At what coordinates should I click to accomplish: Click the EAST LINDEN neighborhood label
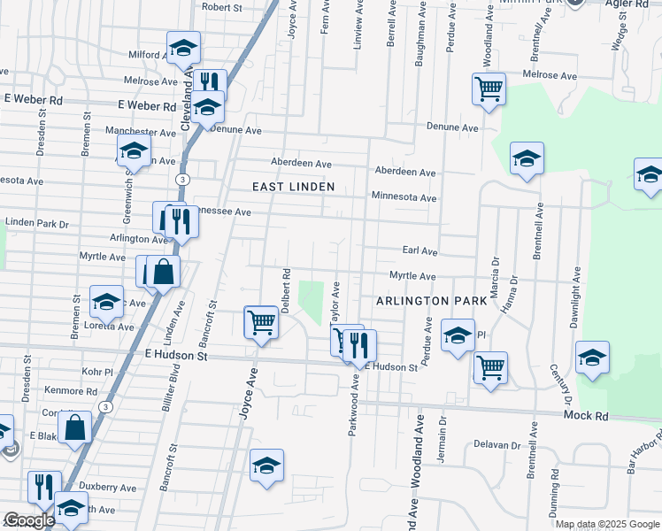pyautogui.click(x=293, y=187)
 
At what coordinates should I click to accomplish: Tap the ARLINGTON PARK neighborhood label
pyautogui.click(x=431, y=301)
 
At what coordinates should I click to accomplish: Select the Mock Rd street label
pyautogui.click(x=586, y=415)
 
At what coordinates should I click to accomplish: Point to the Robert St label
pyautogui.click(x=222, y=7)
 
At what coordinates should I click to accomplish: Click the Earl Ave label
pyautogui.click(x=420, y=251)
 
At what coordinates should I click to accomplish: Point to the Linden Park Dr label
pyautogui.click(x=36, y=222)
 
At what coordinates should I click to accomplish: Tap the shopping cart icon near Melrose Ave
pyautogui.click(x=489, y=88)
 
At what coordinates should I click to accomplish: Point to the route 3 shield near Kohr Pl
pyautogui.click(x=106, y=407)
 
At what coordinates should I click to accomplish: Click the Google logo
pyautogui.click(x=29, y=520)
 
